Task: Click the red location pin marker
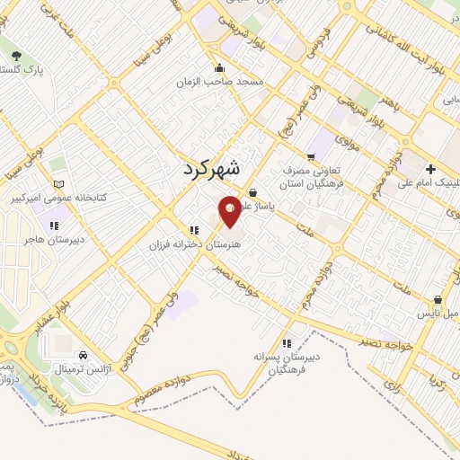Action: pos(230,210)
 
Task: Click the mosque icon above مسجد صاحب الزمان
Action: pos(219,67)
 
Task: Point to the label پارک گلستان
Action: pos(28,69)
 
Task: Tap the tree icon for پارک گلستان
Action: pos(17,56)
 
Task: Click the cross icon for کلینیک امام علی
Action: pos(431,169)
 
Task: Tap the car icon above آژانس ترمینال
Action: pos(84,355)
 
